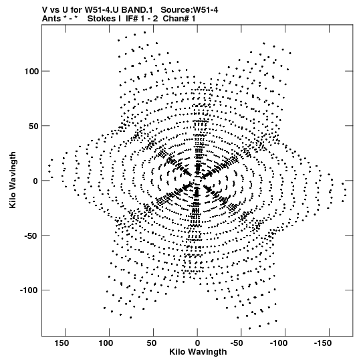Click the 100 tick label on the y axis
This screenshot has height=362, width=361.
click(31, 72)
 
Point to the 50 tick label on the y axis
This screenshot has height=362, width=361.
click(33, 126)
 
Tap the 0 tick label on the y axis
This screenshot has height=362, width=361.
click(35, 181)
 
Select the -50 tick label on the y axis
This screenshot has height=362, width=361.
click(31, 236)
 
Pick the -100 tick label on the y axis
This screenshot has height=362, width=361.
click(29, 290)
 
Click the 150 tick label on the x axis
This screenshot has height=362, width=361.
click(62, 343)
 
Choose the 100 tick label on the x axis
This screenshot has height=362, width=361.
click(106, 343)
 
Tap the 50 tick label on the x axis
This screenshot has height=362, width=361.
click(151, 343)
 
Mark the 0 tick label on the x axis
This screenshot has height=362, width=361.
click(197, 343)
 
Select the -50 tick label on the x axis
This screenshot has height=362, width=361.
click(237, 343)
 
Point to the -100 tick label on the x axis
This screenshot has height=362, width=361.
click(279, 343)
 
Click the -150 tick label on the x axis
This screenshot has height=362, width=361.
click(323, 343)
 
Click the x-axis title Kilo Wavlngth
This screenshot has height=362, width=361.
click(198, 353)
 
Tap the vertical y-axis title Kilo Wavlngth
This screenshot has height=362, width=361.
click(13, 180)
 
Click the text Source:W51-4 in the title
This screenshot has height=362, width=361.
click(189, 10)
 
